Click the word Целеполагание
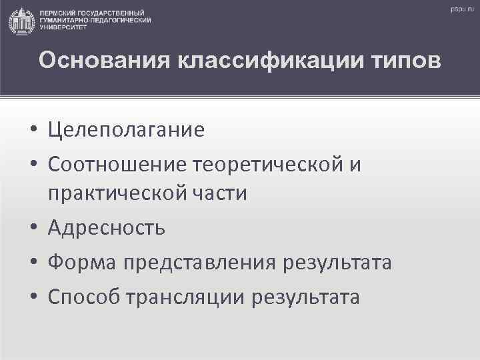coord(126,129)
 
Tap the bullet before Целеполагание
coord(33,129)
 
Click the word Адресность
coord(107,228)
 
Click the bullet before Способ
coord(33,297)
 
